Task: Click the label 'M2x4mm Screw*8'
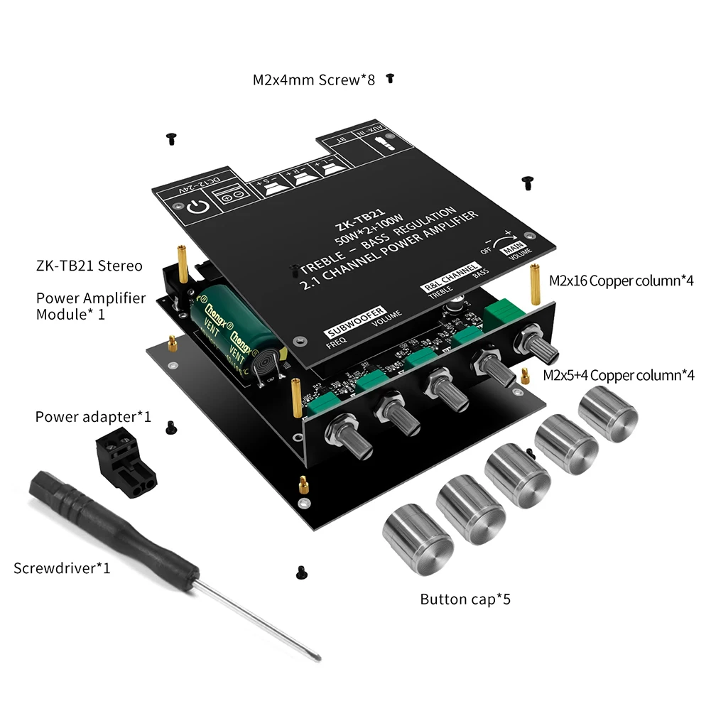(x=315, y=80)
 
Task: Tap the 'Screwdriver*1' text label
(x=62, y=568)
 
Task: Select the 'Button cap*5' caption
(x=465, y=599)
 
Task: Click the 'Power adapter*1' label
(x=93, y=416)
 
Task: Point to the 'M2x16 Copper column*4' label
(x=622, y=281)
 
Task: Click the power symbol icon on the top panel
(x=198, y=208)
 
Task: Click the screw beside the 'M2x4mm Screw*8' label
(x=389, y=79)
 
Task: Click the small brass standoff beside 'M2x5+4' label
(x=525, y=376)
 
